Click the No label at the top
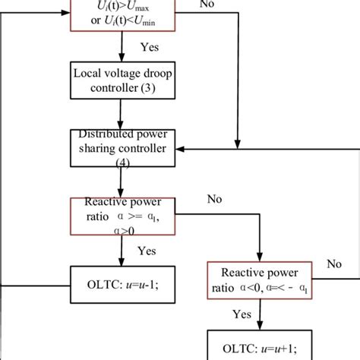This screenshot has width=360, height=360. [207, 5]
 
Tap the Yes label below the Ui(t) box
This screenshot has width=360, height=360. [150, 47]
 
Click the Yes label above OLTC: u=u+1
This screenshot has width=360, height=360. [242, 312]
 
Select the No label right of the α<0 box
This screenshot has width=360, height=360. [333, 264]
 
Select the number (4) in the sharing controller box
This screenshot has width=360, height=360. [122, 163]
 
